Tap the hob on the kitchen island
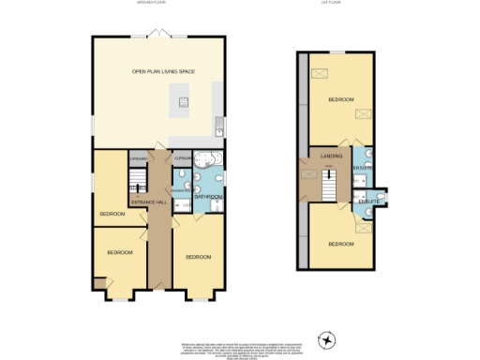pos(184,102)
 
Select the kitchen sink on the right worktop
pos(217,122)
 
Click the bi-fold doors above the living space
pos(159,35)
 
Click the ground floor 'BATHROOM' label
pos(210,197)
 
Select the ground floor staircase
pos(134,192)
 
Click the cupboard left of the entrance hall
pos(139,160)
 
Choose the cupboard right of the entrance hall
pos(182,160)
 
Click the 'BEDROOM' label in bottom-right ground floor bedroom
pos(198,257)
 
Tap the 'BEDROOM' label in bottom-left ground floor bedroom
pos(119,253)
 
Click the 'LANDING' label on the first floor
pos(330,156)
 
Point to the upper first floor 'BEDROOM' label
pos(340,99)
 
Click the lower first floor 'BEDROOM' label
pos(340,244)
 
